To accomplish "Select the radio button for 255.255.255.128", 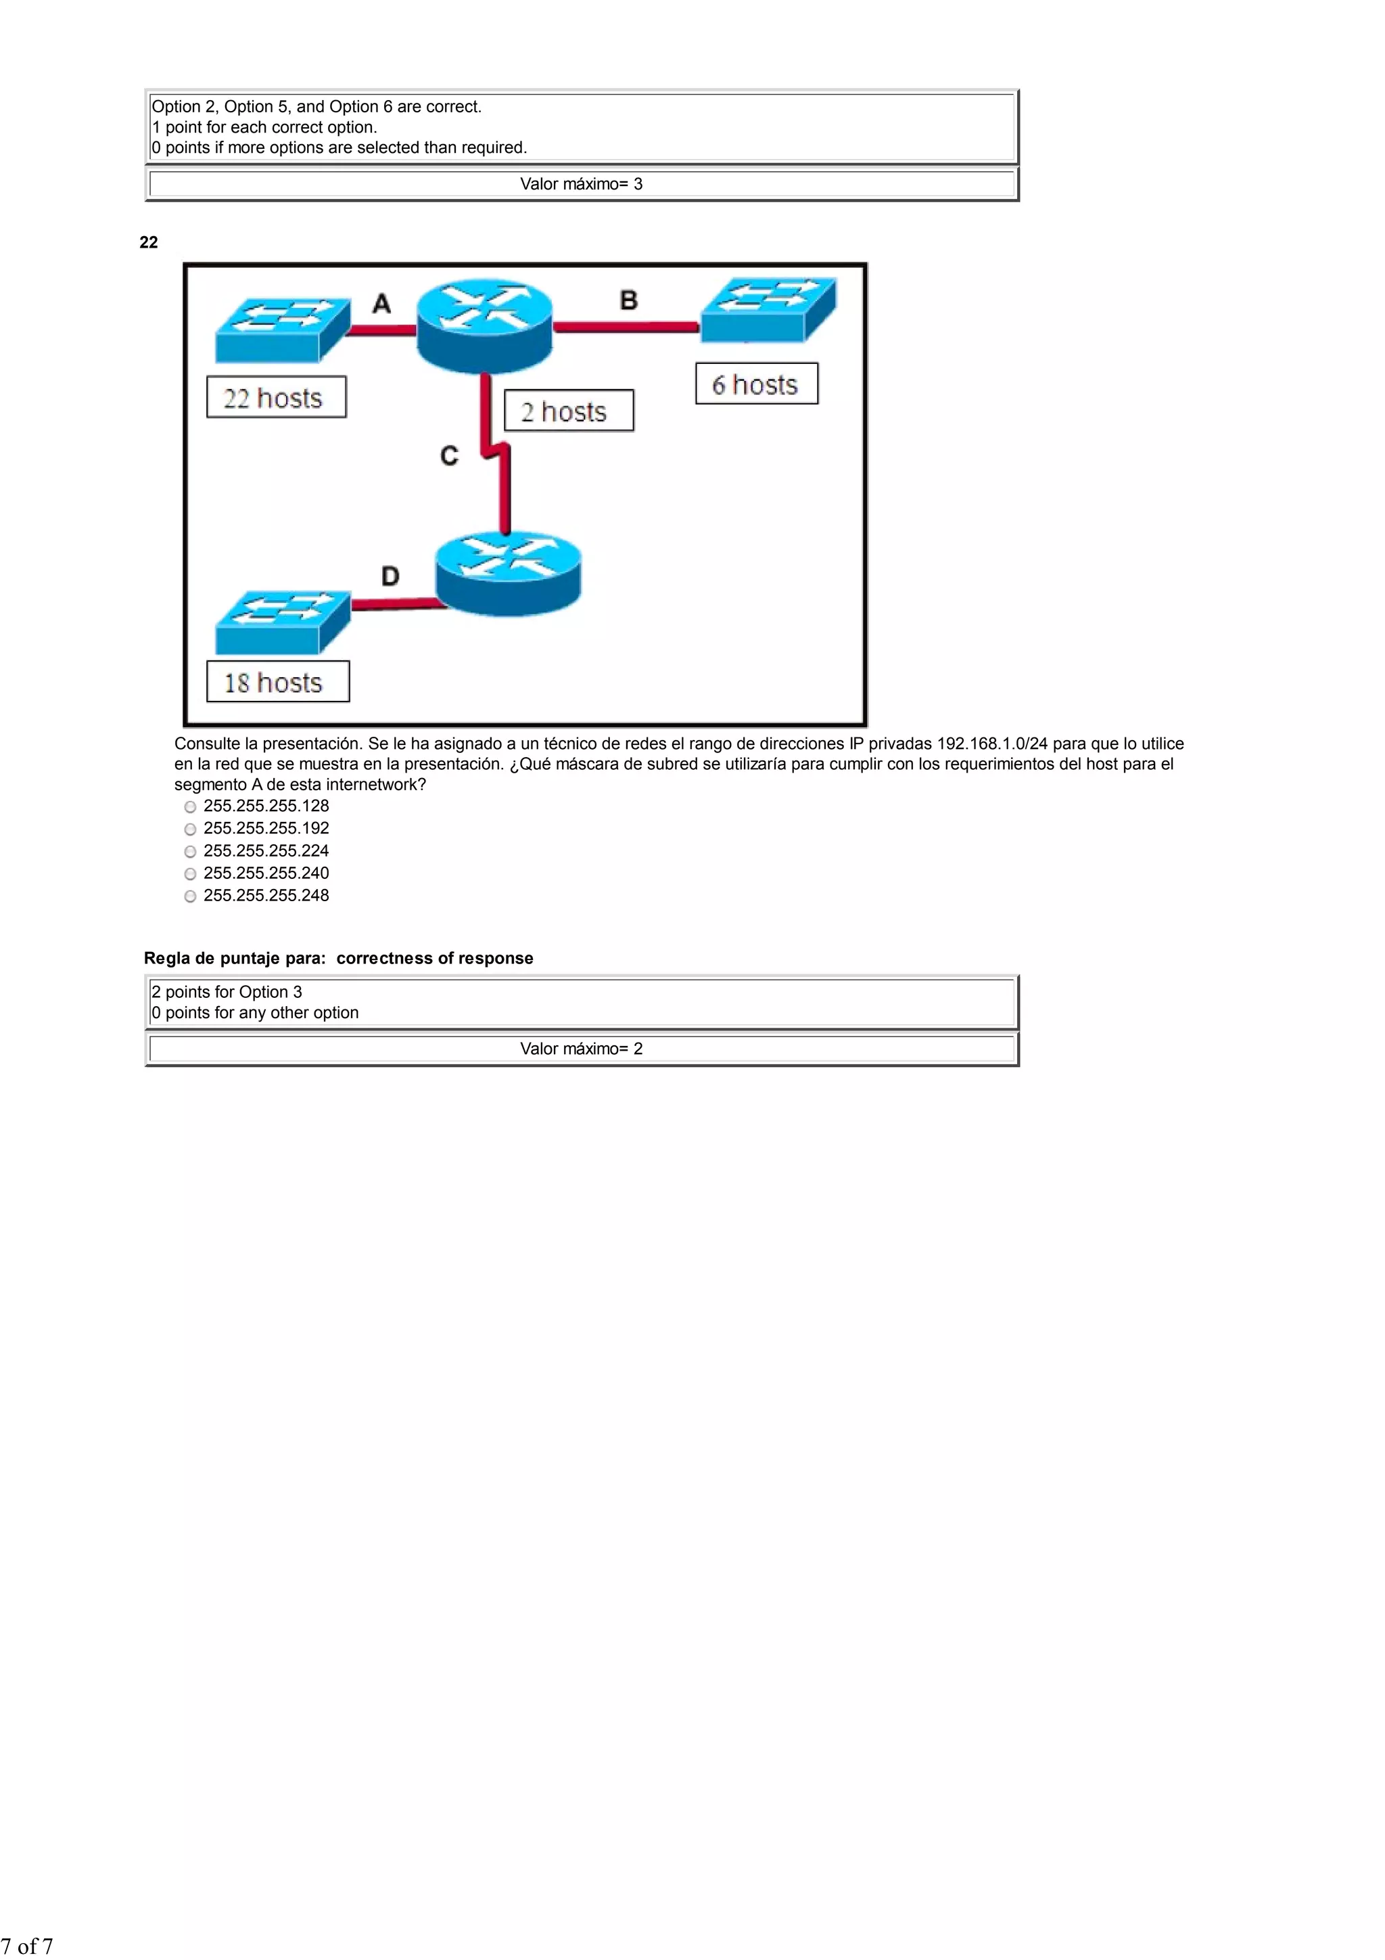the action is click(x=190, y=806).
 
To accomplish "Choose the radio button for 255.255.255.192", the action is click(x=190, y=829).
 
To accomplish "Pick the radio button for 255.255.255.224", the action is click(x=190, y=851).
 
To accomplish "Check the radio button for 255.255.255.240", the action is click(x=190, y=873).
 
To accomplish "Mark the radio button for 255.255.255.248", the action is click(x=190, y=896).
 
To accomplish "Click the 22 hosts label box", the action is click(x=277, y=398).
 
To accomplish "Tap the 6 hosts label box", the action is click(x=756, y=384).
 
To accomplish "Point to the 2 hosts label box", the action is click(x=568, y=411).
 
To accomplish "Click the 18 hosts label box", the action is click(x=277, y=682).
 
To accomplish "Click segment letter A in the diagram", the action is click(x=381, y=304).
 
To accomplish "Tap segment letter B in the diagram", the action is click(x=628, y=300).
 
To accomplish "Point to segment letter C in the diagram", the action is click(x=449, y=456).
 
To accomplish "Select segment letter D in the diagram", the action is click(x=390, y=576).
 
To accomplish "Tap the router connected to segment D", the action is click(x=508, y=571).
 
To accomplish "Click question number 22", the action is click(x=149, y=242).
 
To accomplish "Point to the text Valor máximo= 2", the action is click(x=581, y=1048).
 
